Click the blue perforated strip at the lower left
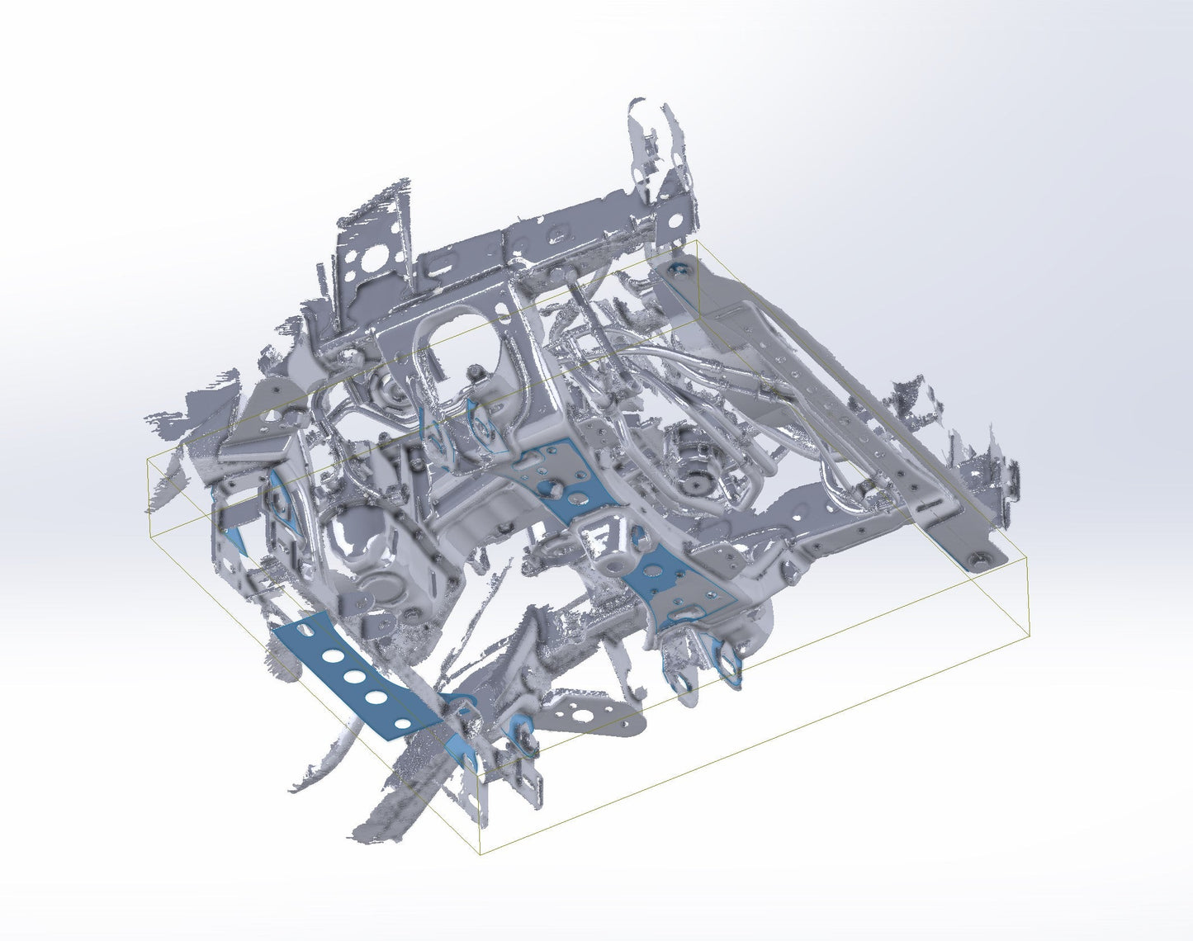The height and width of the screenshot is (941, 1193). coord(355,673)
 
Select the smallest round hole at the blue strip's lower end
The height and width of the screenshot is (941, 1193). coord(403,724)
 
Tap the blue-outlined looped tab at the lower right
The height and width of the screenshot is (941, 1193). coord(730,660)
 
